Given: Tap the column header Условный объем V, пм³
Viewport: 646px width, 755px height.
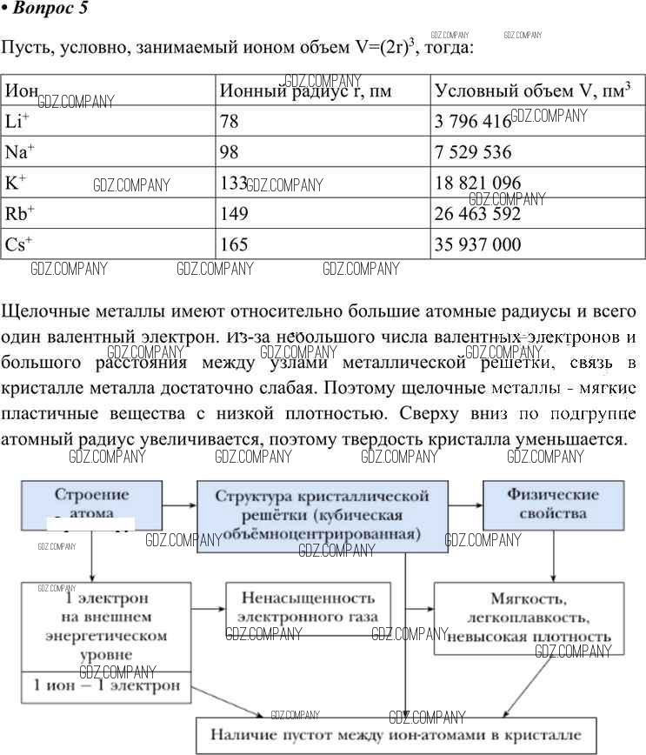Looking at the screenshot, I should tap(532, 90).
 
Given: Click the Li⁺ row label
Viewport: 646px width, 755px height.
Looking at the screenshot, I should tap(18, 122).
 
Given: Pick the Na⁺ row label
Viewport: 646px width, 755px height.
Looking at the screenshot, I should tap(20, 152).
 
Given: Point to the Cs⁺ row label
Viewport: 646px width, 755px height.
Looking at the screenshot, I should tap(19, 244).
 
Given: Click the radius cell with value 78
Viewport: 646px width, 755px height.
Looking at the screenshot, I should tap(230, 122).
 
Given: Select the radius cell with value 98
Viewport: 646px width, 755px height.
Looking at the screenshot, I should tap(230, 152).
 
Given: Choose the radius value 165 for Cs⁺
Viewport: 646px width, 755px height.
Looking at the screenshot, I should tap(234, 244).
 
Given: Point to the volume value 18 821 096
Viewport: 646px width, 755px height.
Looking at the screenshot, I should tap(478, 184).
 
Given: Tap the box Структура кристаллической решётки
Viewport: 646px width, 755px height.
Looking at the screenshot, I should tap(323, 515).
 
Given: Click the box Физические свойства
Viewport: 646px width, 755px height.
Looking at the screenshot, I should tap(553, 504).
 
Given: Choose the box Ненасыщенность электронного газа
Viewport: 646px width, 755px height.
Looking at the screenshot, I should tap(308, 607).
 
